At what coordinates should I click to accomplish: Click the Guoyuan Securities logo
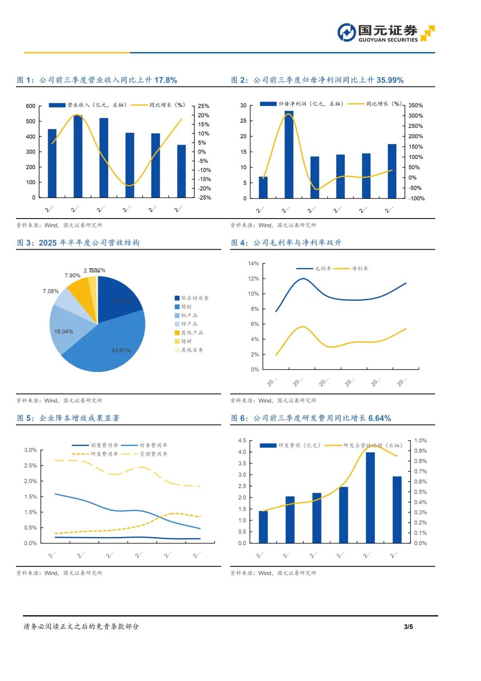[386, 33]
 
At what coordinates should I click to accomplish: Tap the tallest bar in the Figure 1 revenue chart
[78, 156]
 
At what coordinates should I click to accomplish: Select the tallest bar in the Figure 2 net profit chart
[289, 154]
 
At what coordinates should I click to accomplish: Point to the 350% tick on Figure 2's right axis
[416, 106]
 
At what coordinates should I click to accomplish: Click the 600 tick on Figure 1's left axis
[31, 106]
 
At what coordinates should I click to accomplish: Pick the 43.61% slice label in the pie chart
[121, 351]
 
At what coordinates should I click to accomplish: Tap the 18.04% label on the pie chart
[64, 332]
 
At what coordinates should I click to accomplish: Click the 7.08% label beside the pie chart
[51, 291]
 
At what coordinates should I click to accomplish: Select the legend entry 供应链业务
[195, 298]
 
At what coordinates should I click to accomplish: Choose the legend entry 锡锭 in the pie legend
[186, 307]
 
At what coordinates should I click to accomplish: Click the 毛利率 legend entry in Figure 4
[323, 268]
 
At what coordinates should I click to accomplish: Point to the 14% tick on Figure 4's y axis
[253, 264]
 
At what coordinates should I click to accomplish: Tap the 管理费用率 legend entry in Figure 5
[153, 454]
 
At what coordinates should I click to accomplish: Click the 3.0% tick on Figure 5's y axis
[31, 450]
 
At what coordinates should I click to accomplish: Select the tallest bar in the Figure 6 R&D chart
[370, 497]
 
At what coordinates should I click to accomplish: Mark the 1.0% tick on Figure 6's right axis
[420, 441]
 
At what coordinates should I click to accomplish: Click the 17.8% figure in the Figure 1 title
[166, 80]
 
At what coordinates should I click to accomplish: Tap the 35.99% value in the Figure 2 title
[390, 80]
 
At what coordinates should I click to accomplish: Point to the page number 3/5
[408, 627]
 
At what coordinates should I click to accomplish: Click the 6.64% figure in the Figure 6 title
[379, 418]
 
